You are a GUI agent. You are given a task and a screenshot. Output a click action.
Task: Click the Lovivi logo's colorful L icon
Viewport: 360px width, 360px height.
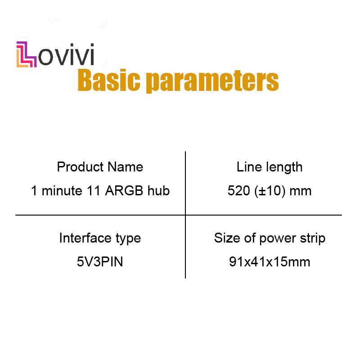[27, 54]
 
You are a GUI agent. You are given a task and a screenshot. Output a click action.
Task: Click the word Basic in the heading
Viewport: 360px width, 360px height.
[109, 81]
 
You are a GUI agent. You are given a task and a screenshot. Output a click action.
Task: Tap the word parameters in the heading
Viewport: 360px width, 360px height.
[212, 81]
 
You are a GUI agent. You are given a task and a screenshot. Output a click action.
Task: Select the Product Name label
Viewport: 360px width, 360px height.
[100, 167]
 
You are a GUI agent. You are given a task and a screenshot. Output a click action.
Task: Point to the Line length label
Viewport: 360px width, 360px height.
[269, 167]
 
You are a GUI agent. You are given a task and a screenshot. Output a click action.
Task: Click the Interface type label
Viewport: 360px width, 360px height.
[100, 238]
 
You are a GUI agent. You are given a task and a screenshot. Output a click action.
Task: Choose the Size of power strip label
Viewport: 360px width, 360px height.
[269, 238]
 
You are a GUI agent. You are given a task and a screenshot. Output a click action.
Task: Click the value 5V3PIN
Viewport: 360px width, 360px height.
[100, 261]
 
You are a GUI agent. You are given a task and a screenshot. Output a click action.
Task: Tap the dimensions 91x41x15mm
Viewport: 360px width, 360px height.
[269, 261]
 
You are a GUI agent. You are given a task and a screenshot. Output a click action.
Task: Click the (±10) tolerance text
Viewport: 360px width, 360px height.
[270, 191]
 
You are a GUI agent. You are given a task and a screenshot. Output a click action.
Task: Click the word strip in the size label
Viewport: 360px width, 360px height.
[313, 238]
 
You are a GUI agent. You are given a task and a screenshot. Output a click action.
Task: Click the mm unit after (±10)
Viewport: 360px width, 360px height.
[301, 191]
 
